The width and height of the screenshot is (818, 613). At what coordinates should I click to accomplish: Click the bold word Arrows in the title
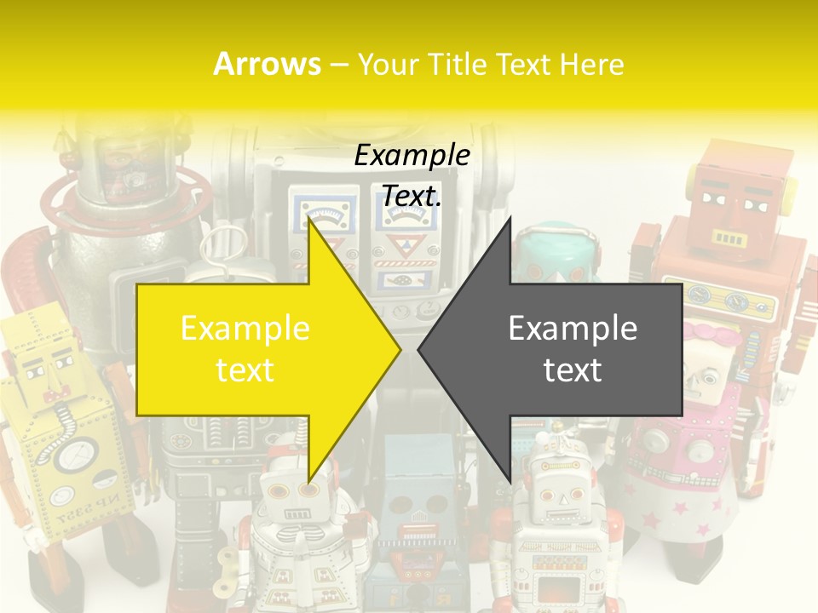pyautogui.click(x=268, y=64)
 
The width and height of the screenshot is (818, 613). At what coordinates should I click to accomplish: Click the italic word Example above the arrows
pyautogui.click(x=412, y=156)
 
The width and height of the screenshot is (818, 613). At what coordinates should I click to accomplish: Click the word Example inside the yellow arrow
pyautogui.click(x=245, y=329)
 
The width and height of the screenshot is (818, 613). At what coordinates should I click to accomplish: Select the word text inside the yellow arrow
pyautogui.click(x=245, y=370)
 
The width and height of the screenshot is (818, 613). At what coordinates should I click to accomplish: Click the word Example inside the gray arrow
pyautogui.click(x=573, y=329)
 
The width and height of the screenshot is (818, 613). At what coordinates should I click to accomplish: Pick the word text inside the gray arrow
pyautogui.click(x=573, y=370)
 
